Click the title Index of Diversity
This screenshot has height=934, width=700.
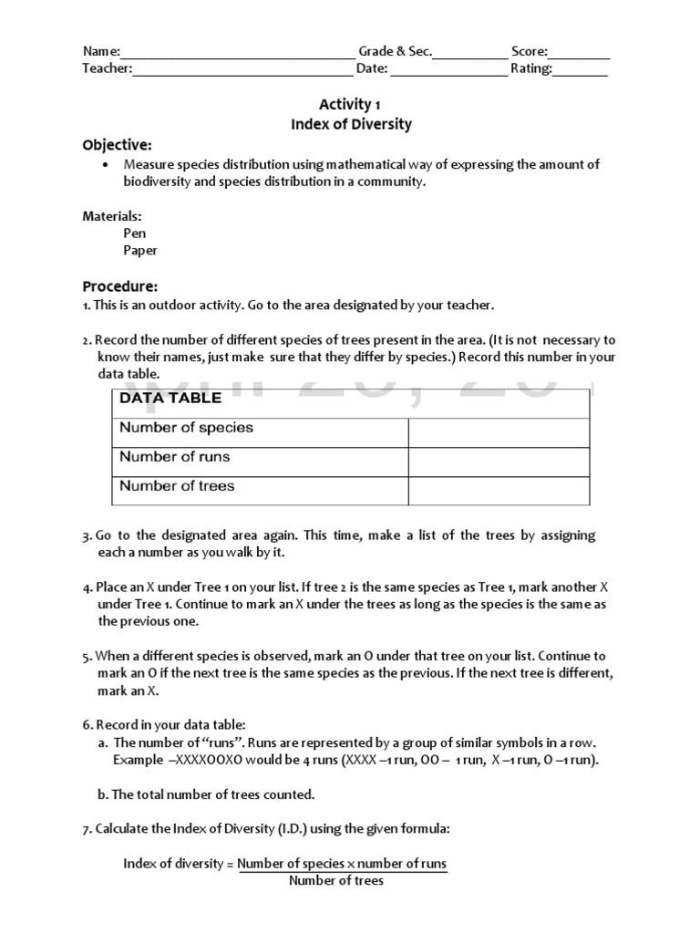[x=351, y=124]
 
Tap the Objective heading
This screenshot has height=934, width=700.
[x=118, y=145]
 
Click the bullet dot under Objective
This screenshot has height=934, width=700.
[x=106, y=164]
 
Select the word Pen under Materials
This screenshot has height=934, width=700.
[x=135, y=233]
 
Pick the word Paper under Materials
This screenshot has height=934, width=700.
[x=140, y=250]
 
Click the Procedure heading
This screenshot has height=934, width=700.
[x=120, y=285]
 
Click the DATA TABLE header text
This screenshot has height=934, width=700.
[x=170, y=398]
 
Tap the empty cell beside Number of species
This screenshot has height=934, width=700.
[x=499, y=432]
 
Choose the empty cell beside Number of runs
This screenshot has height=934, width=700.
[x=499, y=462]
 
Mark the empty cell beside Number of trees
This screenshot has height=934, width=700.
[x=499, y=491]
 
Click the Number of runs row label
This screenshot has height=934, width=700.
[x=175, y=457]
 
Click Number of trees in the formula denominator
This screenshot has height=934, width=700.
[x=336, y=880]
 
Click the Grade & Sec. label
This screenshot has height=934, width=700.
[x=395, y=52]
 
